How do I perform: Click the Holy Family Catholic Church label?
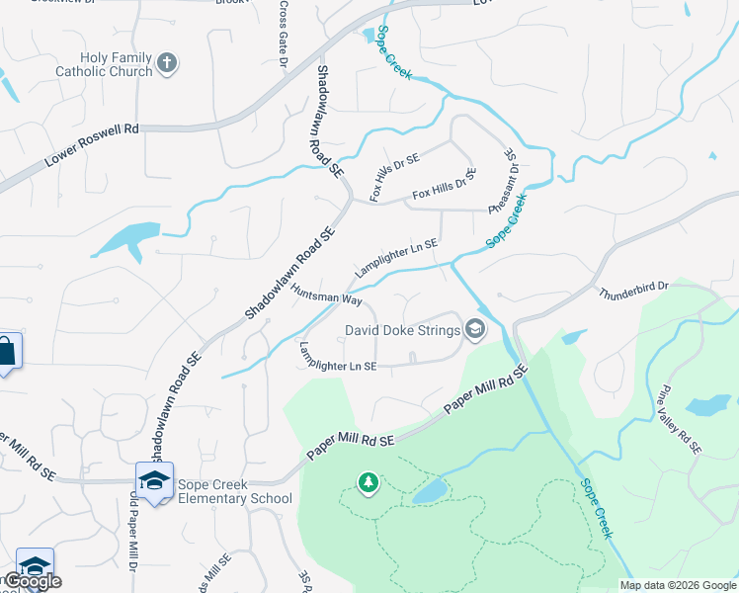(104, 64)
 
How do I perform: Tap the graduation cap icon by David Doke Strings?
(474, 330)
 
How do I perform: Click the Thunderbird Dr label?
(633, 290)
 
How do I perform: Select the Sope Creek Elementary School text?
(235, 491)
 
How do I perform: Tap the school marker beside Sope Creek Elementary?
(154, 480)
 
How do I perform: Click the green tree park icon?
(369, 482)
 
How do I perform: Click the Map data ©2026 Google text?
(679, 585)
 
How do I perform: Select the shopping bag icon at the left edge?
(7, 352)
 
